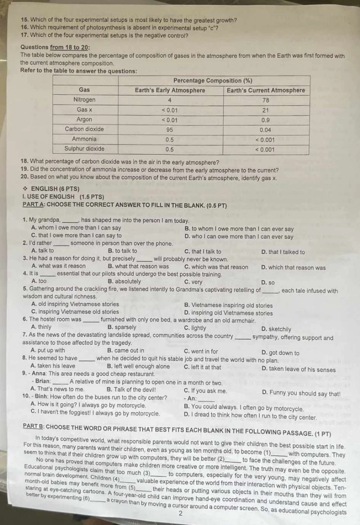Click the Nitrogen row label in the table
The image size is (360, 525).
pos(84,100)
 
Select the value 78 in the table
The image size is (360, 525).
pos(266,100)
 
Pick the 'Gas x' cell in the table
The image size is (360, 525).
pos(84,110)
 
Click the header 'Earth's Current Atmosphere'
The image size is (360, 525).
pos(266,90)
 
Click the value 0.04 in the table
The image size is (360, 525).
pos(266,129)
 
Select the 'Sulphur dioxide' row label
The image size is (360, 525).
pos(84,148)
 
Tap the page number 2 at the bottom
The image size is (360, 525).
pos(180,514)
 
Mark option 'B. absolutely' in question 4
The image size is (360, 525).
pos(124,281)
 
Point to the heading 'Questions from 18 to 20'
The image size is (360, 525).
pos(55,47)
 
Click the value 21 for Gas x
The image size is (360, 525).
pos(266,110)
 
